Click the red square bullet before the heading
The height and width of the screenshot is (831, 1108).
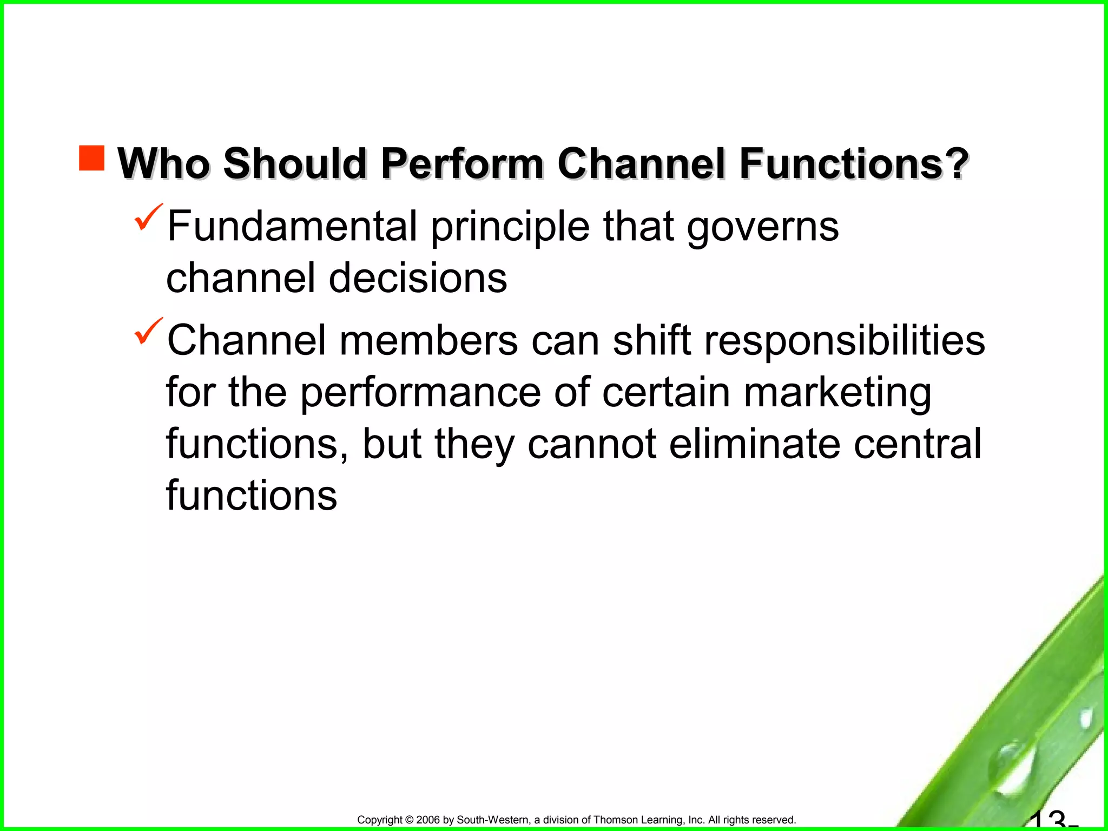point(91,158)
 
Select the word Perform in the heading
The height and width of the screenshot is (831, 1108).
point(461,163)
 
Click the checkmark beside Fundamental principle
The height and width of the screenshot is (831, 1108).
point(148,217)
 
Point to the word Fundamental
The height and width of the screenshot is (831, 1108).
point(292,226)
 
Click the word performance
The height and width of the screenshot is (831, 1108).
point(420,393)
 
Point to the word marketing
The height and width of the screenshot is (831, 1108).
point(837,394)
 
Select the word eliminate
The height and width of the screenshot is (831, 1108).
point(755,444)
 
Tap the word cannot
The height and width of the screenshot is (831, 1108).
point(592,444)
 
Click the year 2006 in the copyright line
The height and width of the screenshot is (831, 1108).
point(428,820)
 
